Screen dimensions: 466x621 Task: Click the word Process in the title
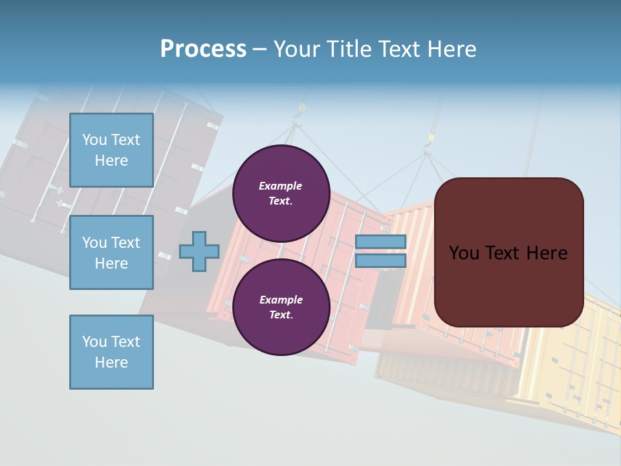click(203, 49)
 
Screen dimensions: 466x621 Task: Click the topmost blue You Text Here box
click(111, 150)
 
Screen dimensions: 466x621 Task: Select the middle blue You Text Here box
click(111, 252)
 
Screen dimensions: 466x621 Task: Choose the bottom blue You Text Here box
click(111, 352)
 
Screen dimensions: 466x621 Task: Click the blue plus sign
click(199, 251)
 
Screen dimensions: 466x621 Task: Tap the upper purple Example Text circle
click(281, 194)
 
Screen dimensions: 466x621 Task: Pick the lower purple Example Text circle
click(281, 307)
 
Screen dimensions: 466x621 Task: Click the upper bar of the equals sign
click(381, 242)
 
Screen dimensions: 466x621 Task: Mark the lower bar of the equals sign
click(381, 261)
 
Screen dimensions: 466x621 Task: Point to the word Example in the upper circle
click(281, 186)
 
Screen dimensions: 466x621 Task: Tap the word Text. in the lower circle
click(281, 315)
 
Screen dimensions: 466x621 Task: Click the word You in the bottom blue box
click(94, 342)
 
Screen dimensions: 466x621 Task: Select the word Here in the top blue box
click(111, 161)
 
